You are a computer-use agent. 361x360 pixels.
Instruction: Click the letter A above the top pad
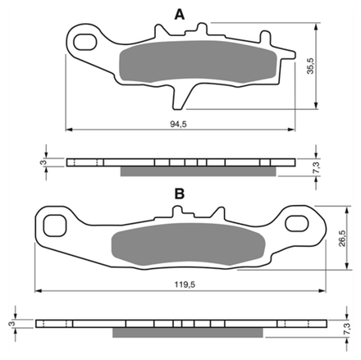[180, 14]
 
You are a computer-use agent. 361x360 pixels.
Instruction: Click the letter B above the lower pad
[180, 194]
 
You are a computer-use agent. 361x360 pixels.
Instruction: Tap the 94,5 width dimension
[178, 125]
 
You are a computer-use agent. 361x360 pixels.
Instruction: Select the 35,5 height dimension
[310, 66]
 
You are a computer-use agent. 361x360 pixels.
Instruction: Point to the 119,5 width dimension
[185, 285]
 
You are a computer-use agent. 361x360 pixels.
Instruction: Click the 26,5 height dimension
[342, 239]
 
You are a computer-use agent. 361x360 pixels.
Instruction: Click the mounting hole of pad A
[85, 42]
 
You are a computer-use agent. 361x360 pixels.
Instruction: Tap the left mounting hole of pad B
[55, 226]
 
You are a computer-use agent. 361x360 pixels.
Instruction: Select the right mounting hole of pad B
[297, 224]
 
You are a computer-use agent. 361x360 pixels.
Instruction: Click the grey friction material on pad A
[199, 62]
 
